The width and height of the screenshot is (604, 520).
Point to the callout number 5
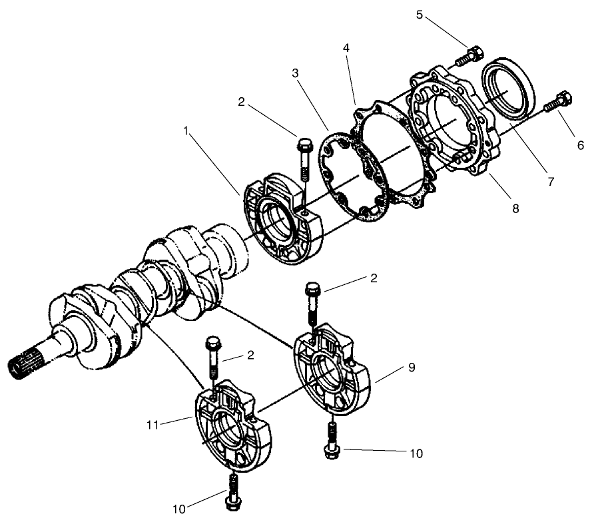420,15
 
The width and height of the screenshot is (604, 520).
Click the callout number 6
580,144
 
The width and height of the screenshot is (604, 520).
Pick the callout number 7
550,180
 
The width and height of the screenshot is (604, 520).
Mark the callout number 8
515,209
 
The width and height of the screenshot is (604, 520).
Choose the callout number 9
412,367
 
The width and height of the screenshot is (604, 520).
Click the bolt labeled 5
468,56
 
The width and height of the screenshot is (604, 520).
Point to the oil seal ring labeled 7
512,86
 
